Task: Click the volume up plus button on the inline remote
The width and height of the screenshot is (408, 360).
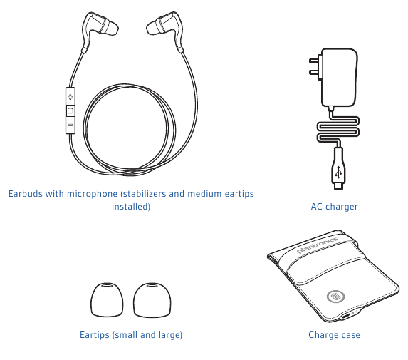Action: click(x=70, y=97)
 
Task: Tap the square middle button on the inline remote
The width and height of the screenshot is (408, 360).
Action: click(x=70, y=111)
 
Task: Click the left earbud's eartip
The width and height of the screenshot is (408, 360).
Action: click(x=110, y=28)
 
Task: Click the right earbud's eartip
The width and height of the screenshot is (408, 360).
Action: click(x=154, y=28)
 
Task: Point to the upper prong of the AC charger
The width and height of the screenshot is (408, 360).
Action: click(x=315, y=61)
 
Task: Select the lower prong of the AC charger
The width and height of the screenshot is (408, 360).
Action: click(x=315, y=72)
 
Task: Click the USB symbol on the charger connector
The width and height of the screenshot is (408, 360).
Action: click(x=338, y=172)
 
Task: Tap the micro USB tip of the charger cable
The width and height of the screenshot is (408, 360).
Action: click(x=338, y=186)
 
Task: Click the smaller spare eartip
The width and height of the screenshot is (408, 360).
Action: click(x=107, y=300)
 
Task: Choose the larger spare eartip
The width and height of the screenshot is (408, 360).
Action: click(x=152, y=300)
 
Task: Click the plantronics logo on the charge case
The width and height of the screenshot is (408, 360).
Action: click(x=318, y=245)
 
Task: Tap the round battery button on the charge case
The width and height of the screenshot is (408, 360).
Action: click(x=335, y=297)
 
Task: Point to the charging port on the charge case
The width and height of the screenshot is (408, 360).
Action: click(x=346, y=317)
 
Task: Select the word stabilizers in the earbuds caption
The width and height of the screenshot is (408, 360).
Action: click(x=144, y=194)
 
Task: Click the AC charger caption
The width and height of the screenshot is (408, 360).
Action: click(x=335, y=207)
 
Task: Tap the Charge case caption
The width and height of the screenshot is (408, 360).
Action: click(x=335, y=335)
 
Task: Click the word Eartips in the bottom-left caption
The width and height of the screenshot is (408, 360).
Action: click(x=95, y=335)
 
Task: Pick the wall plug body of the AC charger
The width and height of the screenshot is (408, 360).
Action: click(x=339, y=78)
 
